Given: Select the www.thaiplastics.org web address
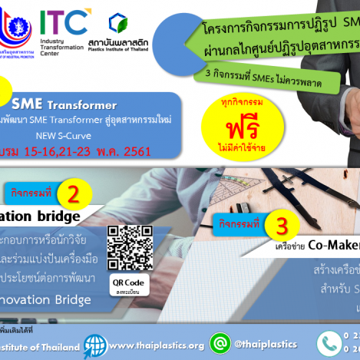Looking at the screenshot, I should [x=157, y=345].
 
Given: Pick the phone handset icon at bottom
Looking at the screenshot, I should [x=331, y=344].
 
